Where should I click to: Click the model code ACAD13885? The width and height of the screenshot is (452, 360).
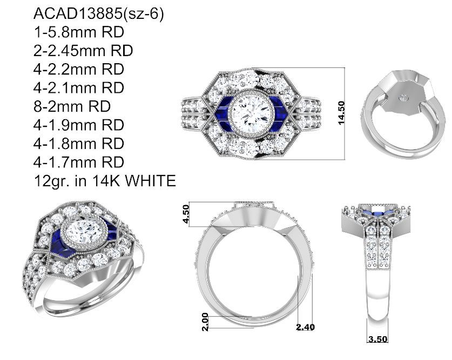[x=78, y=13]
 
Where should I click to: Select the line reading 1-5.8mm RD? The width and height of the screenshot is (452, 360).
[x=79, y=32]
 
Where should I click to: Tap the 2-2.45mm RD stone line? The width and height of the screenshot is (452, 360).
[x=83, y=51]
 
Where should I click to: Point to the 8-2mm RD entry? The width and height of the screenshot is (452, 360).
[x=72, y=106]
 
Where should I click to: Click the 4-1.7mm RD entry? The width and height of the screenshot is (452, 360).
[x=79, y=162]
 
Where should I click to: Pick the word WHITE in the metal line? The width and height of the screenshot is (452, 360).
[x=151, y=181]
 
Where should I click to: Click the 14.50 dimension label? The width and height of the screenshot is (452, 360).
[x=341, y=113]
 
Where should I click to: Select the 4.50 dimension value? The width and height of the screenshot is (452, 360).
[x=186, y=214]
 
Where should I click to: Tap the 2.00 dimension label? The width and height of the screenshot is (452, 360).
[x=205, y=322]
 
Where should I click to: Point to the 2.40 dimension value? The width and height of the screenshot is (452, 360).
[x=305, y=327]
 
